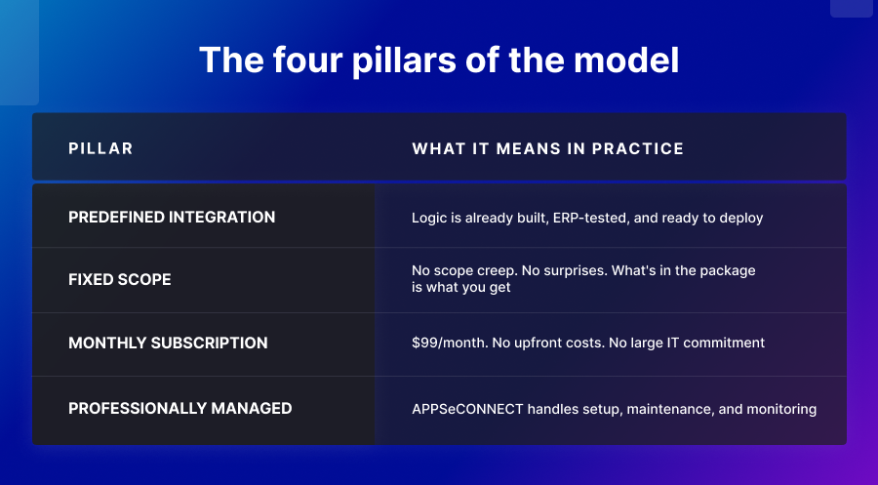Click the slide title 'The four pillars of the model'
[439, 60]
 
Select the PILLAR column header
[100, 149]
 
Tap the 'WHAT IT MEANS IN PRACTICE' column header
[547, 149]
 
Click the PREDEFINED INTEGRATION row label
[172, 217]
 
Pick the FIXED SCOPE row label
[119, 280]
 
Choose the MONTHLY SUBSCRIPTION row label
[168, 344]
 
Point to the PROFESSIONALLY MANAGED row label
[180, 408]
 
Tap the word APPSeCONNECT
[466, 409]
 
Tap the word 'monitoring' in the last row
[781, 409]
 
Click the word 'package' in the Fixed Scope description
[727, 270]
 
